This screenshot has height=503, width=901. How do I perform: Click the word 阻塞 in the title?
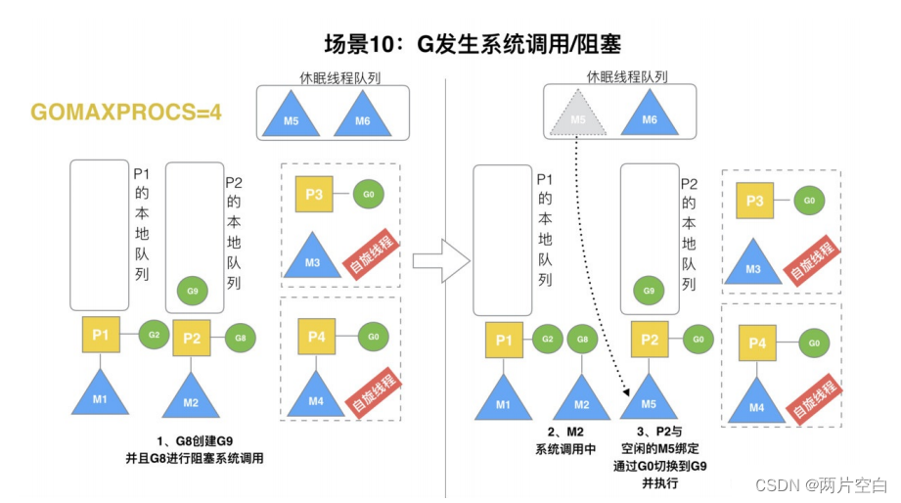[x=598, y=44]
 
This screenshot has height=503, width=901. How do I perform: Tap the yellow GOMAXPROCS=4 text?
[x=126, y=112]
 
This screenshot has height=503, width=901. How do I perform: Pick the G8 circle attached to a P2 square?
[x=241, y=338]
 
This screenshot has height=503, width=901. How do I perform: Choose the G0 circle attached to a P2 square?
[x=697, y=339]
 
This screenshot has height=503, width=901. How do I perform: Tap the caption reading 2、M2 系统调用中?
[x=565, y=441]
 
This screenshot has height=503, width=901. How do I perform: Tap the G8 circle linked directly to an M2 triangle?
[x=582, y=340]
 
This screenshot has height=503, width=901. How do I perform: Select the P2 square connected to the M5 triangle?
[x=650, y=340]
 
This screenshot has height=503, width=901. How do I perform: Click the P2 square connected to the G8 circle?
[x=192, y=339]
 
